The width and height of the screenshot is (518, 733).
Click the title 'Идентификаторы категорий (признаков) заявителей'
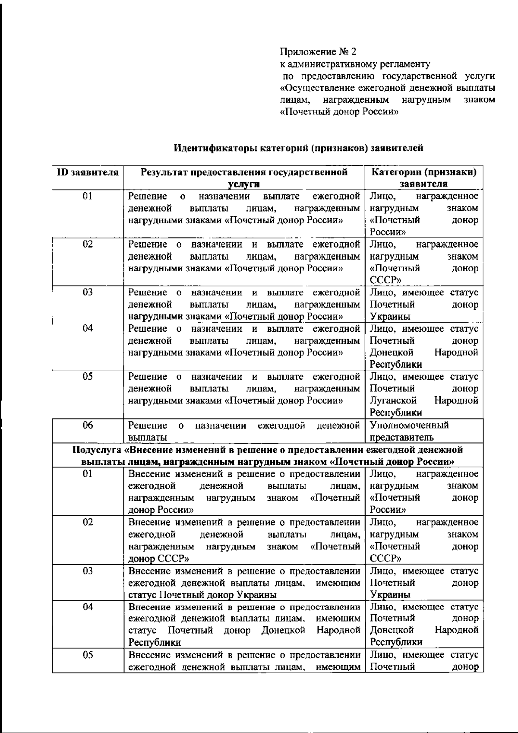pyautogui.click(x=298, y=148)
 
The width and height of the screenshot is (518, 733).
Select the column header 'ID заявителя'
pyautogui.click(x=88, y=172)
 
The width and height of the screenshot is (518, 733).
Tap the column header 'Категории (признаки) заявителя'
pyautogui.click(x=424, y=178)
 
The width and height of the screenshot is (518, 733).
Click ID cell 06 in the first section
pyautogui.click(x=88, y=425)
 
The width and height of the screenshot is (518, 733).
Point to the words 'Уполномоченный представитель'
pyautogui.click(x=409, y=431)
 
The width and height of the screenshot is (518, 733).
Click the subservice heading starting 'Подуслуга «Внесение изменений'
pyautogui.click(x=267, y=456)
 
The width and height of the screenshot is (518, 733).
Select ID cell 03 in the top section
pyautogui.click(x=88, y=292)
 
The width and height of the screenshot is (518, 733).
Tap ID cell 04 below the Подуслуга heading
pyautogui.click(x=88, y=607)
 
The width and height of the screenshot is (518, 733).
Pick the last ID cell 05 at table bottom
pyautogui.click(x=88, y=655)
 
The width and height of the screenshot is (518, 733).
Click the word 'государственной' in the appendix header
pyautogui.click(x=419, y=76)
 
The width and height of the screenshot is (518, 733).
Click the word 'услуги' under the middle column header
pyautogui.click(x=244, y=184)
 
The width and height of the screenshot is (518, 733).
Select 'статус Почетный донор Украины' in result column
pyautogui.click(x=203, y=595)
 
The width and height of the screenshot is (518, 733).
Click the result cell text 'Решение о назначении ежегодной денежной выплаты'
pyautogui.click(x=244, y=431)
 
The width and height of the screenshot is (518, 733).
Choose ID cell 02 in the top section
pyautogui.click(x=88, y=244)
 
